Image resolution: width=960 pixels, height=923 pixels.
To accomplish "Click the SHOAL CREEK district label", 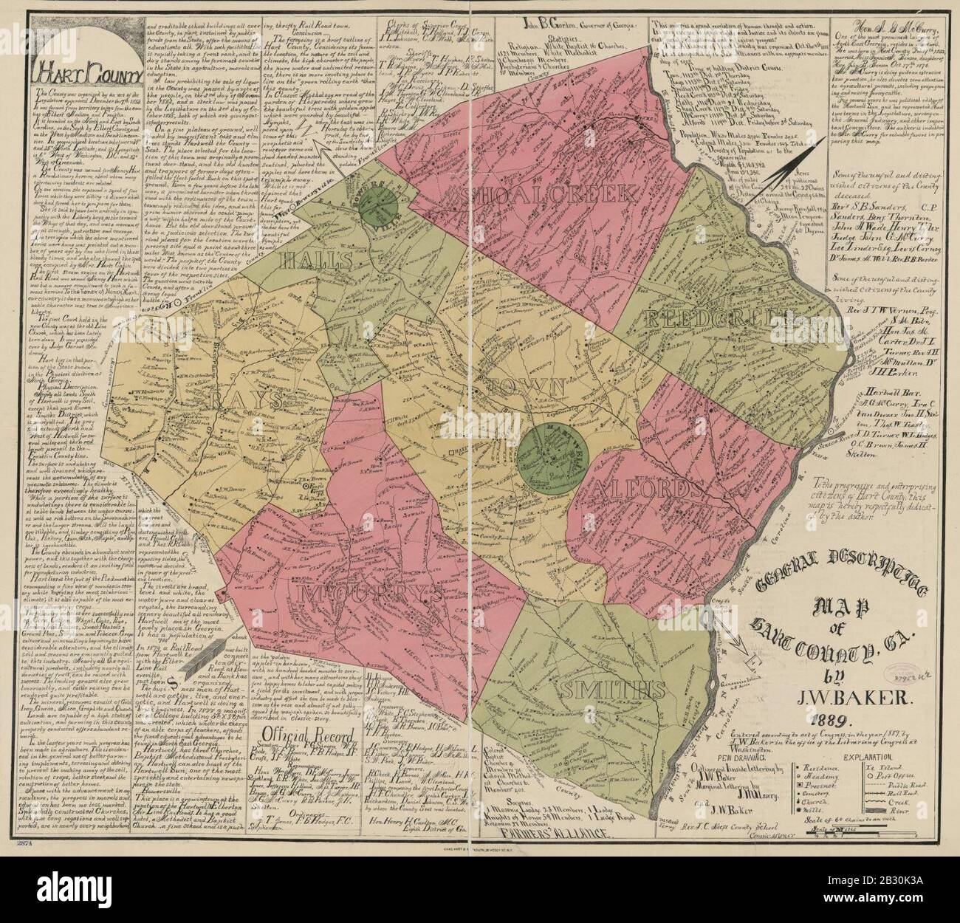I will (x=550, y=194).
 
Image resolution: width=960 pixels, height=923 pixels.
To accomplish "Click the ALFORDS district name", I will (x=643, y=489).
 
